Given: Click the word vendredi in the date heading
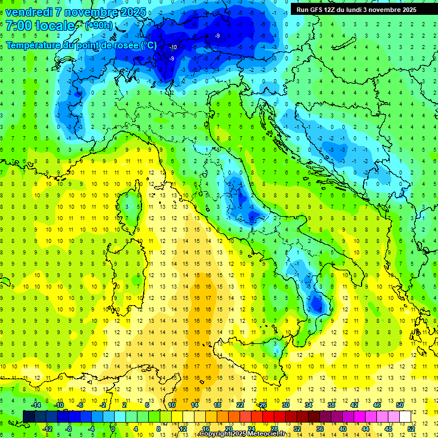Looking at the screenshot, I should click(x=29, y=12).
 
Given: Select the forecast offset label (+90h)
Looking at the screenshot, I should click(x=99, y=26).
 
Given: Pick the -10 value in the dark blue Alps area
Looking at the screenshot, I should click(x=173, y=47).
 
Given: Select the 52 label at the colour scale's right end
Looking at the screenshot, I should click(x=411, y=428).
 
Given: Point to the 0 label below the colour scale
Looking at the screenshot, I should click(x=113, y=428).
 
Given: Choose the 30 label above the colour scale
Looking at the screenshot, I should click(x=286, y=404).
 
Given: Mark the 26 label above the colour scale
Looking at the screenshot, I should click(x=263, y=404).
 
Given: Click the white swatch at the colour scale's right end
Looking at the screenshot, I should click(x=405, y=416).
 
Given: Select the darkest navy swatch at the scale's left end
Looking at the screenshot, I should click(x=29, y=416).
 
